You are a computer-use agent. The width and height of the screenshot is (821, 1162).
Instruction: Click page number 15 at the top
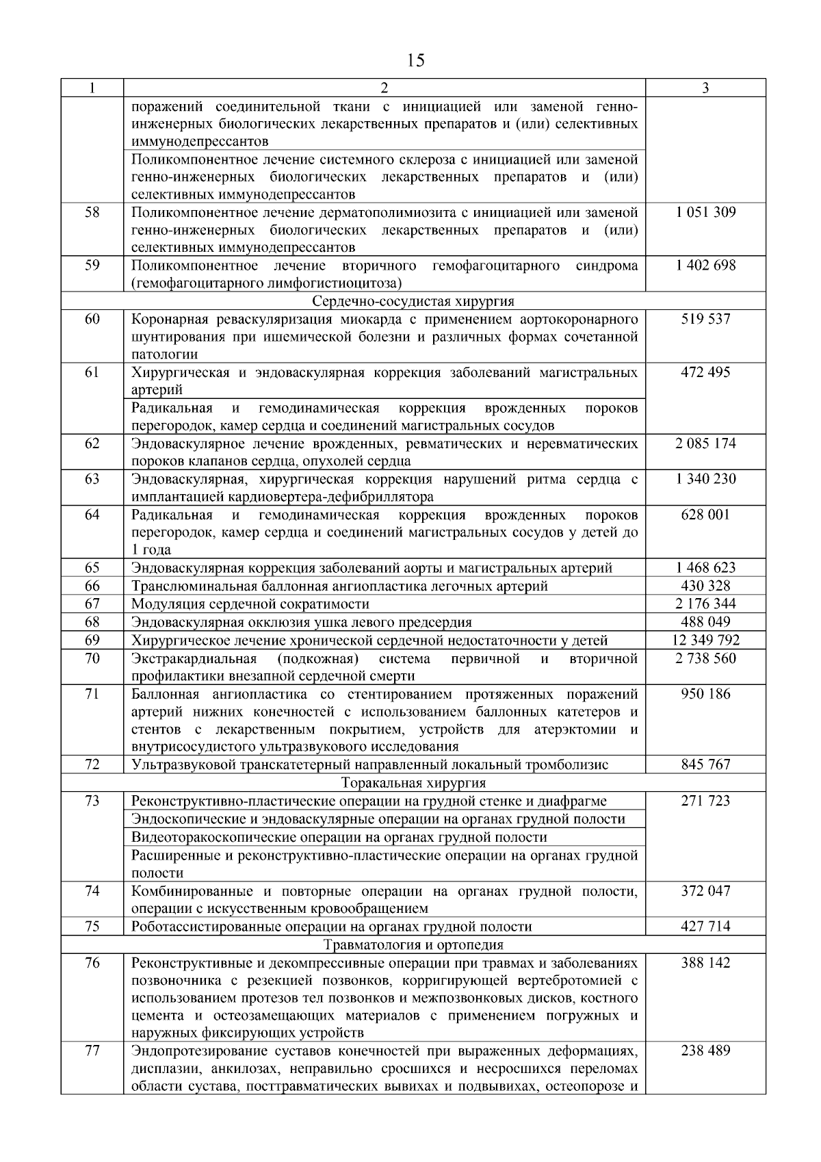pyautogui.click(x=415, y=61)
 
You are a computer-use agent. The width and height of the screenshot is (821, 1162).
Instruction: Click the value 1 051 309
pyautogui.click(x=705, y=212)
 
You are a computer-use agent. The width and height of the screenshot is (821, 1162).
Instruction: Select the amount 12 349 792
pyautogui.click(x=705, y=641)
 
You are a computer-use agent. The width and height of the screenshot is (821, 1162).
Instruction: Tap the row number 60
pyautogui.click(x=92, y=319)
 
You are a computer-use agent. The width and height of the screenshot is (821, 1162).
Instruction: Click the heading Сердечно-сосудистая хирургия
pyautogui.click(x=413, y=301)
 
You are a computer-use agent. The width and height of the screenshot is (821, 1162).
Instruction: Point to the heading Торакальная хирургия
pyautogui.click(x=413, y=783)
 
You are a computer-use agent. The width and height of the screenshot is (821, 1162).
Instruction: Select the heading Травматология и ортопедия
pyautogui.click(x=413, y=945)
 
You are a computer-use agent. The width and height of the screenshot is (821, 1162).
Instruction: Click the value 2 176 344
pyautogui.click(x=705, y=604)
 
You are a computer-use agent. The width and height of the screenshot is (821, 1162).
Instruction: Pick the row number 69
pyautogui.click(x=92, y=641)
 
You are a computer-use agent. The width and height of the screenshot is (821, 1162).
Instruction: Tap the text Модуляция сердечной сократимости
pyautogui.click(x=250, y=604)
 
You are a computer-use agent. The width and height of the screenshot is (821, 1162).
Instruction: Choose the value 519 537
pyautogui.click(x=705, y=319)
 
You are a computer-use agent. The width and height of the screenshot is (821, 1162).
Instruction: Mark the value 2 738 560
pyautogui.click(x=705, y=658)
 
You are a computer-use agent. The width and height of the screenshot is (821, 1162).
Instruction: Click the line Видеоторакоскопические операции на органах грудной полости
pyautogui.click(x=339, y=838)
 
